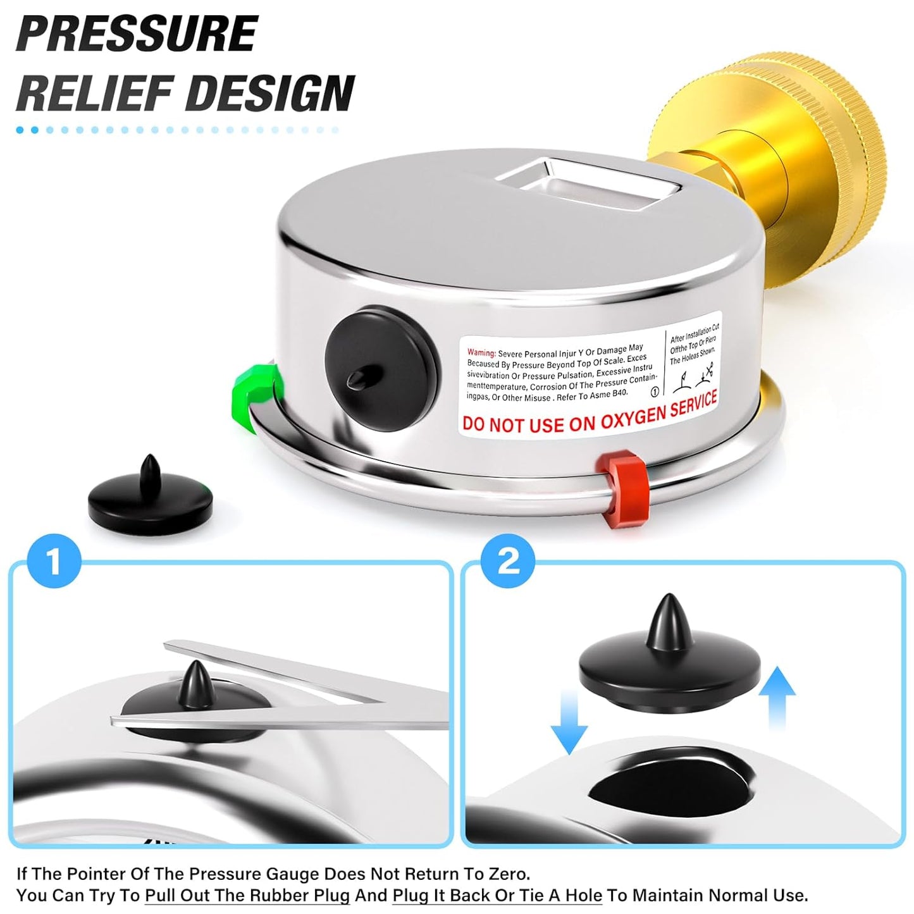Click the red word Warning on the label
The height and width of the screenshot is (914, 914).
[481, 352]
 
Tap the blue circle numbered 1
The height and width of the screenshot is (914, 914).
[54, 561]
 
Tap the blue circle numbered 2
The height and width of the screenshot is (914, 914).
[508, 560]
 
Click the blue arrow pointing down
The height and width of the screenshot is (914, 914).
[569, 721]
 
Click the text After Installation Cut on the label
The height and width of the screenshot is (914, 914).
[695, 333]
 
